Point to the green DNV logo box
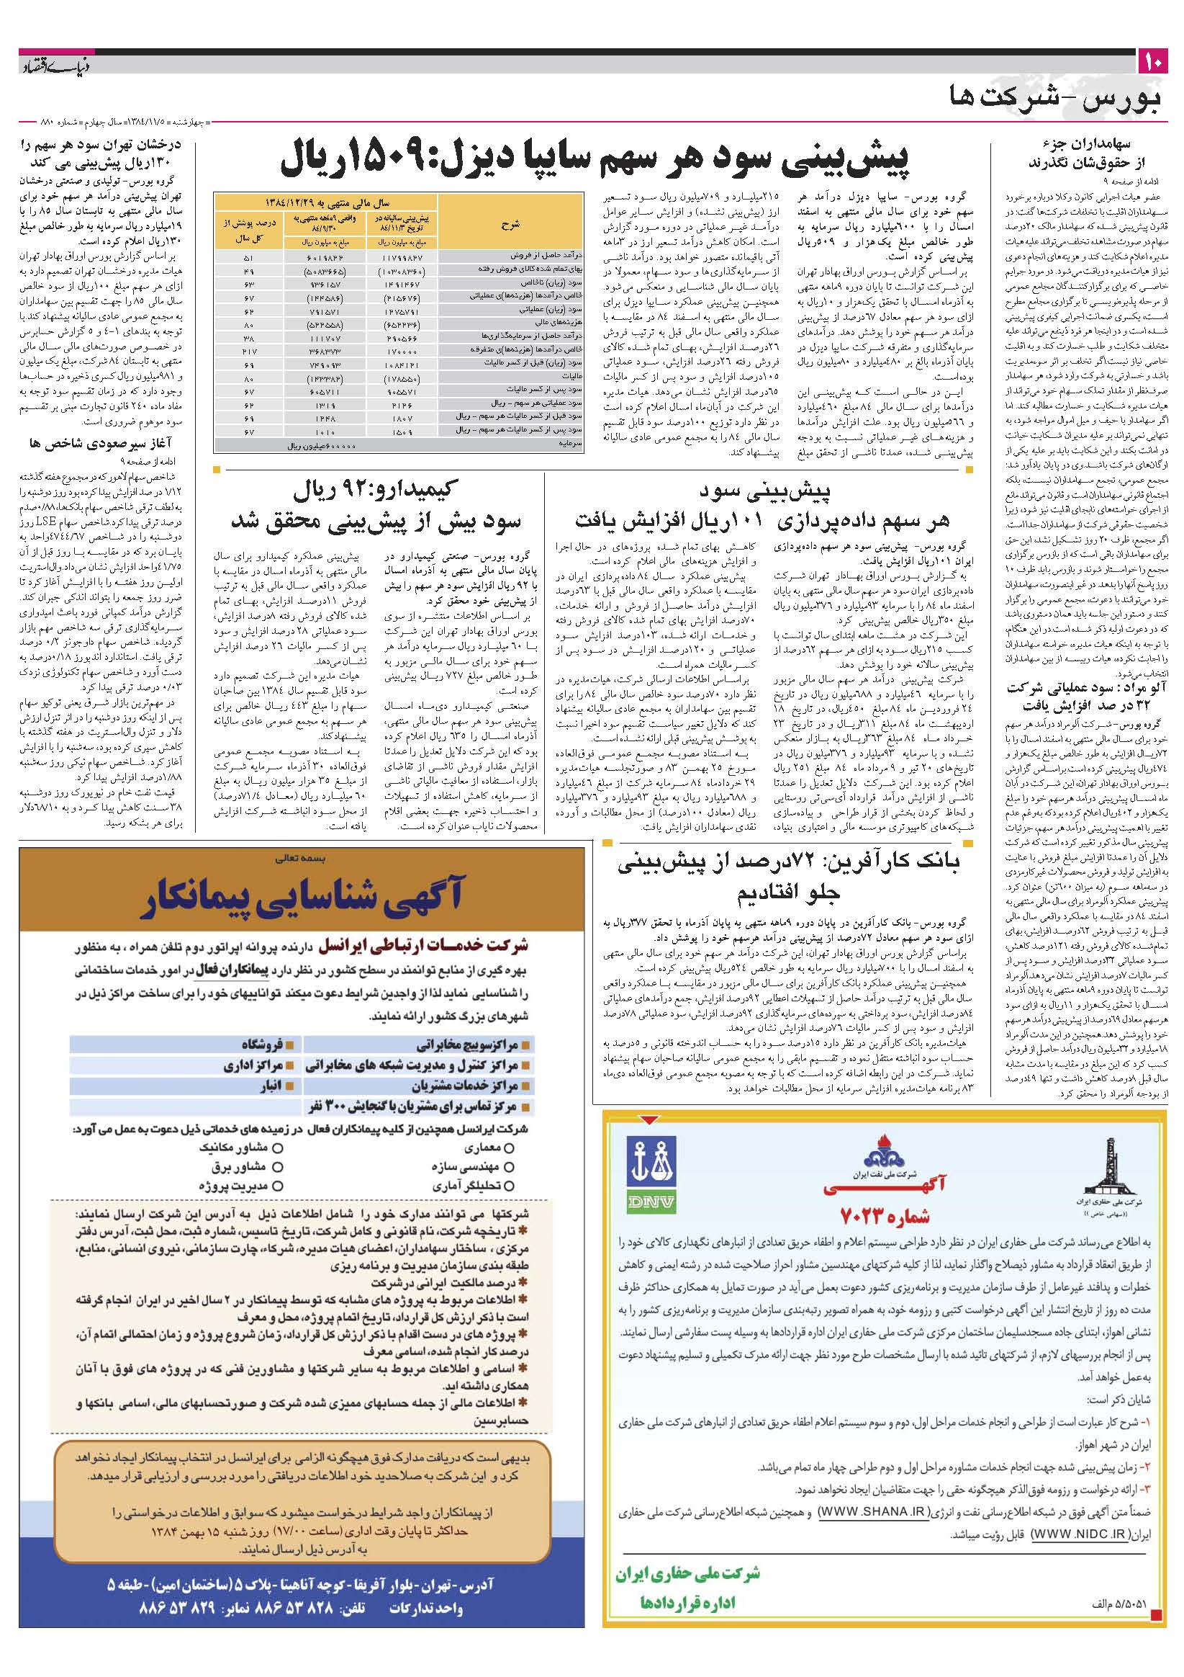tap(653, 1176)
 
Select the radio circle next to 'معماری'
tap(510, 1148)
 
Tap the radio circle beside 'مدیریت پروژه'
tap(277, 1186)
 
